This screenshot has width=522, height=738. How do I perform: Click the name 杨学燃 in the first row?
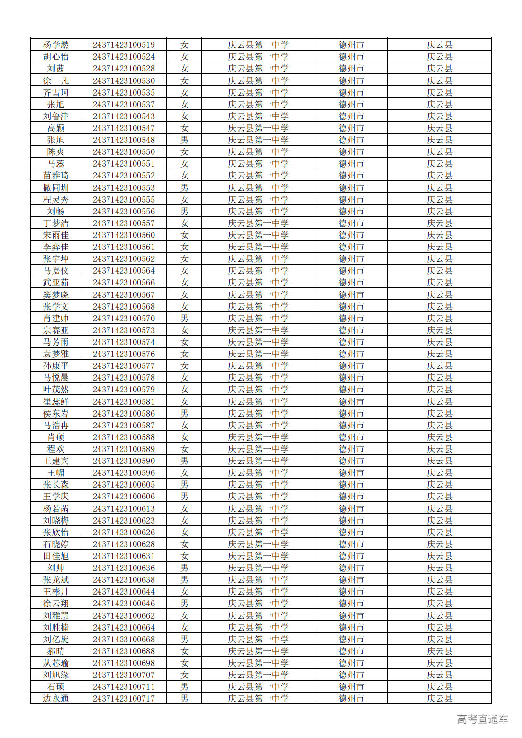pyautogui.click(x=56, y=45)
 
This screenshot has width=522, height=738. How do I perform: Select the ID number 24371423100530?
pyautogui.click(x=124, y=81)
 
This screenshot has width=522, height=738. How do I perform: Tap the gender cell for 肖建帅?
pyautogui.click(x=184, y=319)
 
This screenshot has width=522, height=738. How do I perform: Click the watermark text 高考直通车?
pyautogui.click(x=482, y=719)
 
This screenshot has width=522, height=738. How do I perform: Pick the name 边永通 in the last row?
pyautogui.click(x=56, y=699)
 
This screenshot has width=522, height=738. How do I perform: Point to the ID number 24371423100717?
pyautogui.click(x=124, y=699)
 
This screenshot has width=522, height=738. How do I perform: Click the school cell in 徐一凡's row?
pyautogui.click(x=258, y=81)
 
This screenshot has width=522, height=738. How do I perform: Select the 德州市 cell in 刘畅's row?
pyautogui.click(x=351, y=212)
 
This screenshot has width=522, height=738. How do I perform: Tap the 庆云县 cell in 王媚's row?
pyautogui.click(x=439, y=473)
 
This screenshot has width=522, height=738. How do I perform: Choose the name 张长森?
pyautogui.click(x=56, y=485)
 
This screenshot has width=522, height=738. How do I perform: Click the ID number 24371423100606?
pyautogui.click(x=124, y=497)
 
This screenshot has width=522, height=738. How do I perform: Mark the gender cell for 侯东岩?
pyautogui.click(x=184, y=414)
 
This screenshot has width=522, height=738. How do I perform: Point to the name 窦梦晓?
pyautogui.click(x=56, y=295)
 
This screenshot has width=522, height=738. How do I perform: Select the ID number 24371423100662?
pyautogui.click(x=124, y=616)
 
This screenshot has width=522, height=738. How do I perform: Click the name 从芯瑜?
pyautogui.click(x=56, y=663)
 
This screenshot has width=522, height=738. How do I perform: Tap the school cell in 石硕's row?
pyautogui.click(x=258, y=687)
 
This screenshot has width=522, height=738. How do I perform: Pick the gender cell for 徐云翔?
pyautogui.click(x=184, y=604)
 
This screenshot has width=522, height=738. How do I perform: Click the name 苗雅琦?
pyautogui.click(x=56, y=176)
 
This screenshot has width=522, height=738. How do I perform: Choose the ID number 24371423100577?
pyautogui.click(x=124, y=366)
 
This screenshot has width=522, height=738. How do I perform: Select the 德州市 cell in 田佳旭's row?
pyautogui.click(x=351, y=556)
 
